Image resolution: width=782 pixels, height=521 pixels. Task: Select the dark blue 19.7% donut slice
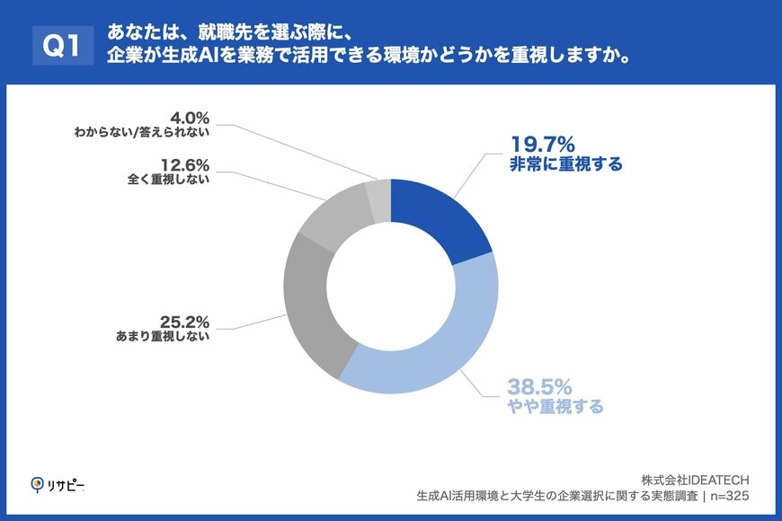[439, 219]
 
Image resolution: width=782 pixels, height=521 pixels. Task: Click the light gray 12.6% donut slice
[333, 215]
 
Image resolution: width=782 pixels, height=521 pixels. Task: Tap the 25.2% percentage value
[184, 321]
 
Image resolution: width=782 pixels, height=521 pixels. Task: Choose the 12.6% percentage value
[185, 164]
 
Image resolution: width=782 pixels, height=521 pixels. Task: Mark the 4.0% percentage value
[190, 117]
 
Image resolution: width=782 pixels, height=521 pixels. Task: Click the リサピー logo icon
[38, 485]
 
